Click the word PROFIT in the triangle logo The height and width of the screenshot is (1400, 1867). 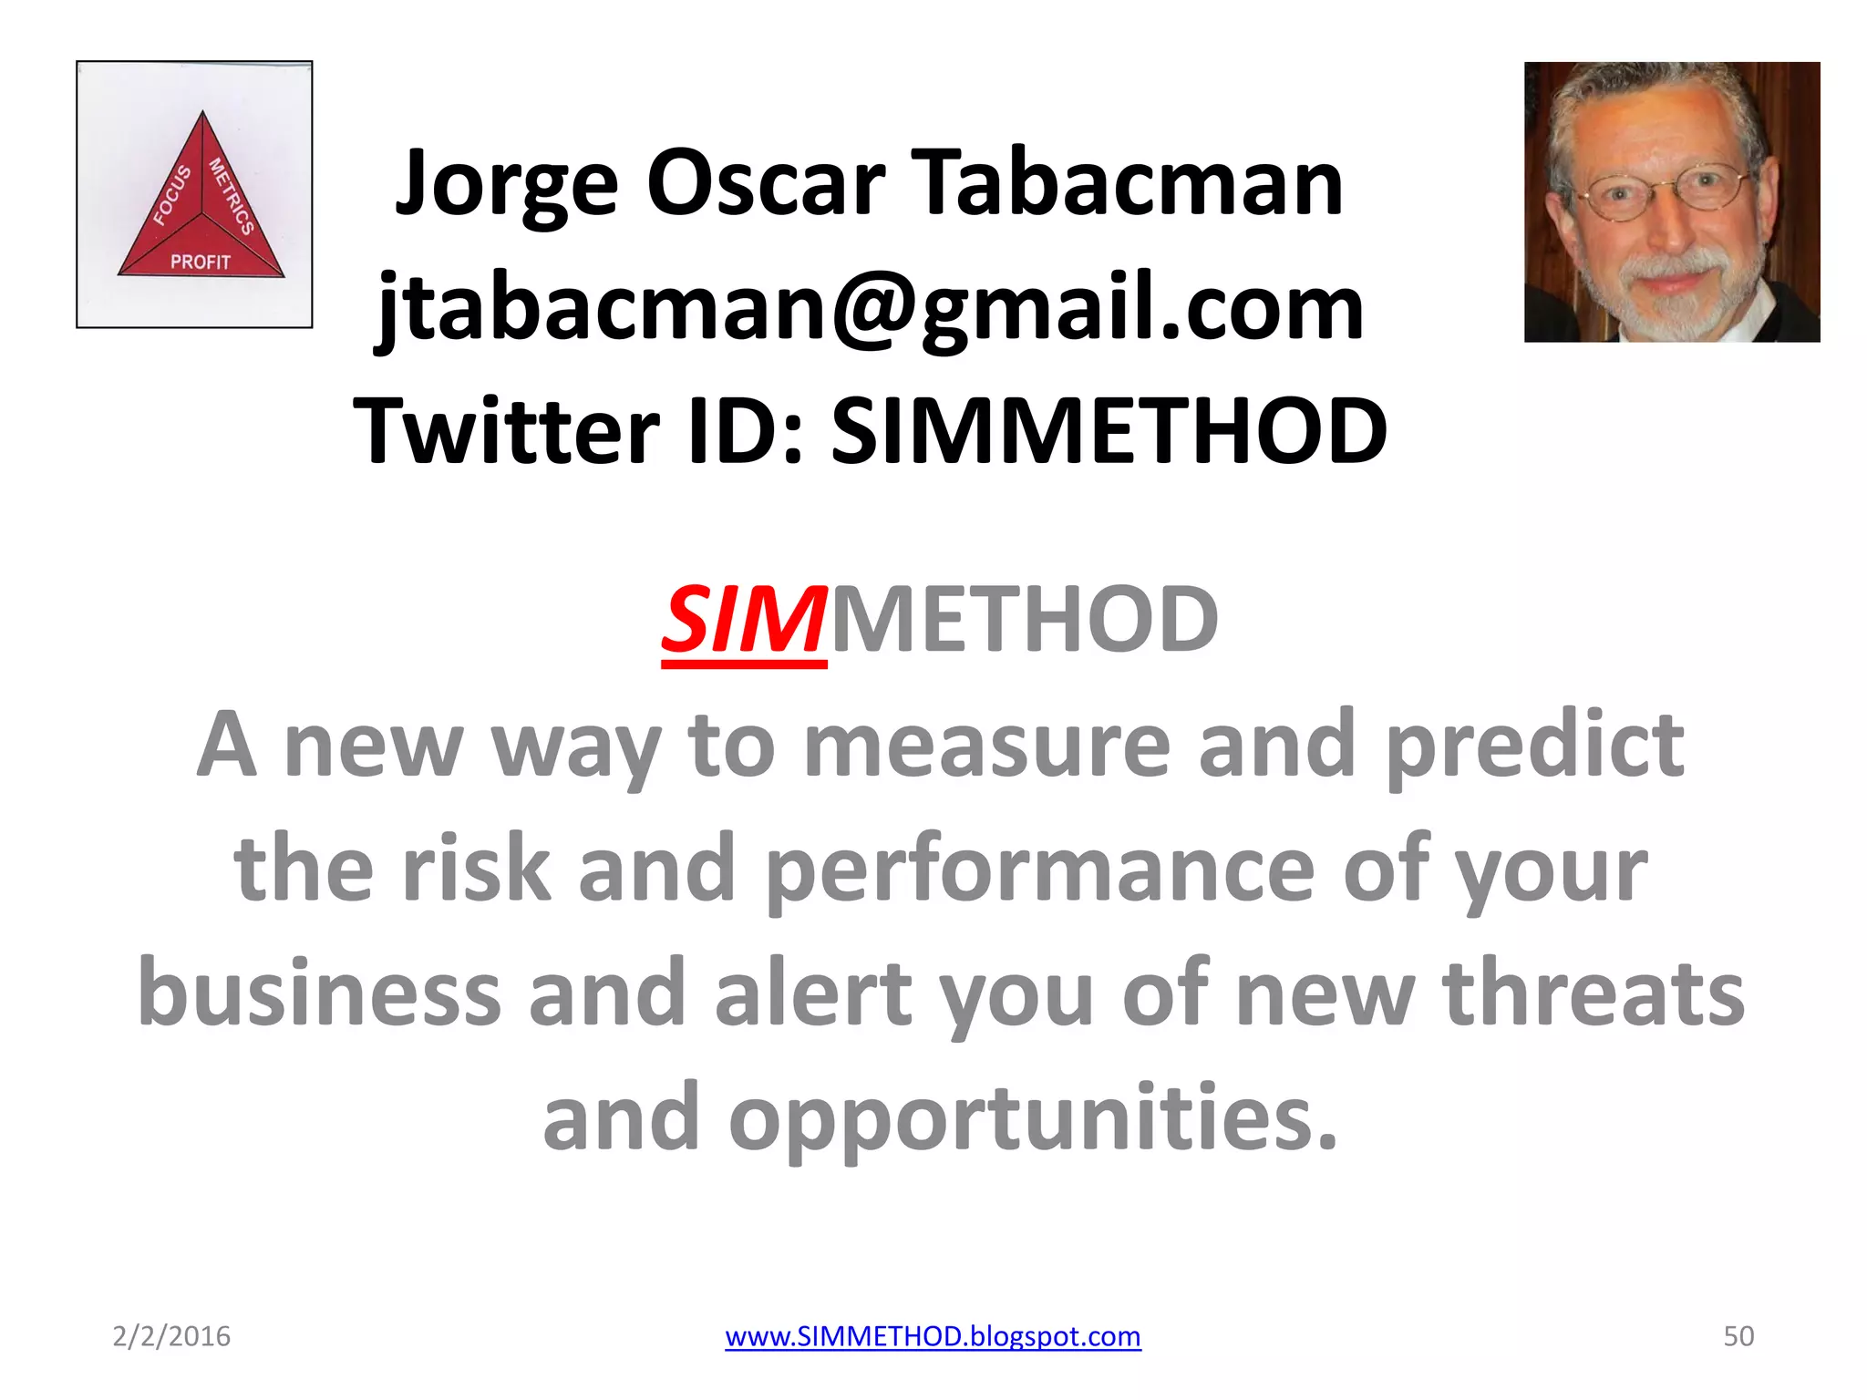(x=201, y=262)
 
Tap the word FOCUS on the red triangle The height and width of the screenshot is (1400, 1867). (x=171, y=195)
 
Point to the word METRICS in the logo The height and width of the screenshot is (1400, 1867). (x=231, y=196)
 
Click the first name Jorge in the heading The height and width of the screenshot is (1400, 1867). (x=507, y=184)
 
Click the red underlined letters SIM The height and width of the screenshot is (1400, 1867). (x=744, y=621)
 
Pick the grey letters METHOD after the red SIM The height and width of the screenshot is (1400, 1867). (x=1024, y=621)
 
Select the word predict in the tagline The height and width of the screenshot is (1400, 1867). (x=1534, y=746)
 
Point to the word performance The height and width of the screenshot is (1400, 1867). (x=1040, y=870)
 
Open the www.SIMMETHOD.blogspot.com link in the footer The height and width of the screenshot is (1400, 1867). (x=933, y=1336)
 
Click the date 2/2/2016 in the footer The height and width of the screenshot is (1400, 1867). (x=171, y=1336)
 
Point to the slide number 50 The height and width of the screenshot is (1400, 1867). (x=1738, y=1336)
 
